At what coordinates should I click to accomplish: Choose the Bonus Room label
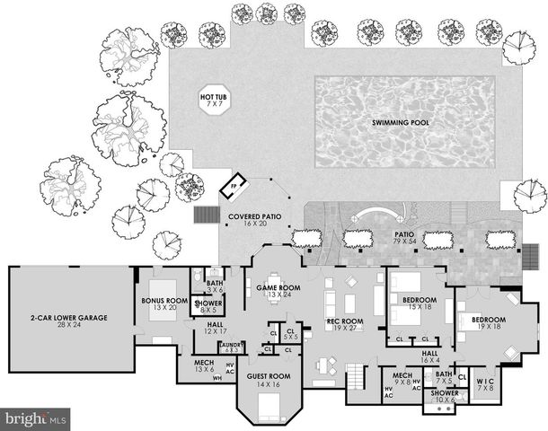pos(164,305)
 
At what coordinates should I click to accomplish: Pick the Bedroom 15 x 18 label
pos(419,303)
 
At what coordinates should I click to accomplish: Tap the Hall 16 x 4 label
pos(430,356)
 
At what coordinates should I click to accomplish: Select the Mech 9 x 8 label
pos(402,378)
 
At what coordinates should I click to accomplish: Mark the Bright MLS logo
pos(36,418)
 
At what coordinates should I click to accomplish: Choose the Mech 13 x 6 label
pos(205,366)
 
